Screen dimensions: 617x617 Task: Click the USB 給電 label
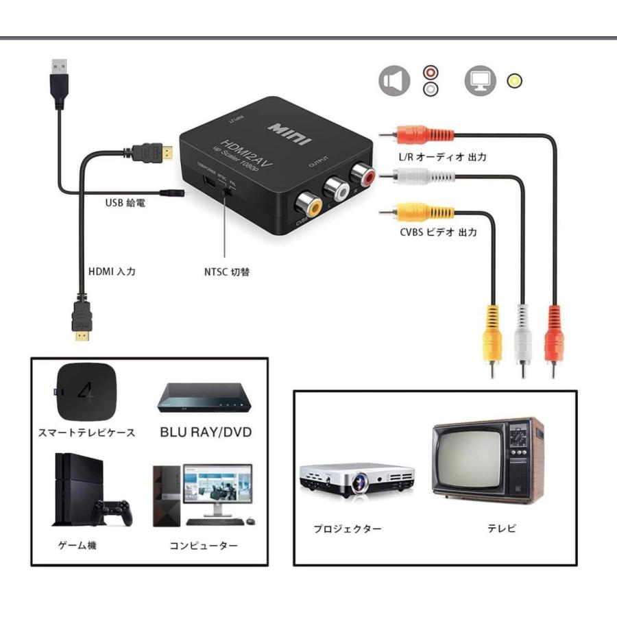[x=125, y=203]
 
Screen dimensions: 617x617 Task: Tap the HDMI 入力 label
[x=112, y=271]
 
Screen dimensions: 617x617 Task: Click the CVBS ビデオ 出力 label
[x=439, y=232]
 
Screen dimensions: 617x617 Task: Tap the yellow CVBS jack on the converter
[x=306, y=204]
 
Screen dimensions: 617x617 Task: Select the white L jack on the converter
[x=334, y=188]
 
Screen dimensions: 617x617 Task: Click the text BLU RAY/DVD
[x=206, y=433]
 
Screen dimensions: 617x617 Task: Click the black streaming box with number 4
[x=86, y=394]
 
